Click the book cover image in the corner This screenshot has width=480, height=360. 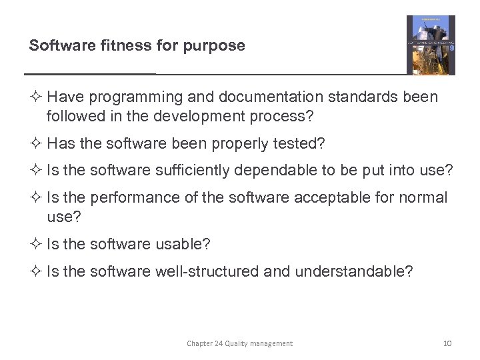(x=431, y=45)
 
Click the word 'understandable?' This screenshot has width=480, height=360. (x=353, y=271)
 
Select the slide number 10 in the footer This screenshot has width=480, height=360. (x=447, y=343)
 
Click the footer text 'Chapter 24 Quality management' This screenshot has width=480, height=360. (x=239, y=343)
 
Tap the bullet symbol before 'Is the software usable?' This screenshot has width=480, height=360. (x=36, y=244)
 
